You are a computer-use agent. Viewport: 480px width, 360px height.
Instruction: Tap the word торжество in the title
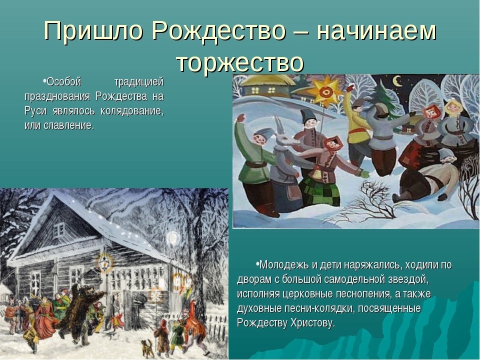pyautogui.click(x=240, y=63)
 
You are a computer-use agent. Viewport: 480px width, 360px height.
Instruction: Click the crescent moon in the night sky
pyautogui.click(x=397, y=81)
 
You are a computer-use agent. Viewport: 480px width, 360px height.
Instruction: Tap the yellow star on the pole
pyautogui.click(x=325, y=91)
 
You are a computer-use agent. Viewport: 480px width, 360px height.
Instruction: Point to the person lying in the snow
pyautogui.click(x=427, y=178)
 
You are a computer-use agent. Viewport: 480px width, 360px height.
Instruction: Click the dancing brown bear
pyautogui.click(x=81, y=312)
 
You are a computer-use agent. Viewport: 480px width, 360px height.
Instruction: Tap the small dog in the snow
pyautogui.click(x=147, y=348)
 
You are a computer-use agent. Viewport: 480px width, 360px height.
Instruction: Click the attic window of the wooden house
pyautogui.click(x=59, y=229)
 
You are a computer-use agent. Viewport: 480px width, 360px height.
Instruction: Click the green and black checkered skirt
pyautogui.click(x=319, y=191)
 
